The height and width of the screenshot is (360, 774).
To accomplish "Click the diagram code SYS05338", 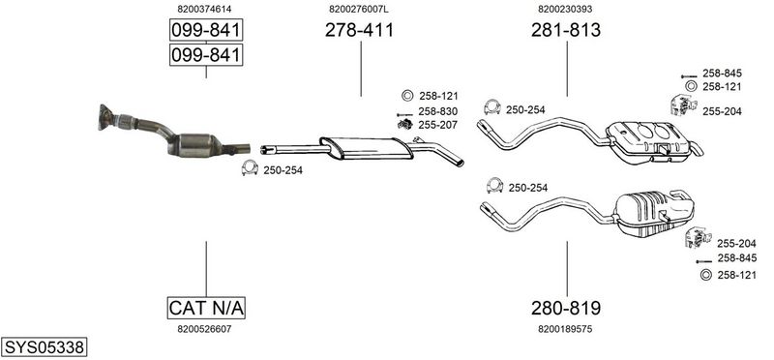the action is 44,347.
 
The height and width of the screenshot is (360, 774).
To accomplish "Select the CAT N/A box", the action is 206,308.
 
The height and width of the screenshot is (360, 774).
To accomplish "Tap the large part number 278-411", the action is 359,30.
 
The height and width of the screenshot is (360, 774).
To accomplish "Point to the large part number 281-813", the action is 566,30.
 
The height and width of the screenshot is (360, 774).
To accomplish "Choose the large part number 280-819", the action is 566,308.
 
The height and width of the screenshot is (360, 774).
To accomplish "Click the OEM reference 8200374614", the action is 204,9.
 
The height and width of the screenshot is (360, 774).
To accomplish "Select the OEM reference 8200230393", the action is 565,9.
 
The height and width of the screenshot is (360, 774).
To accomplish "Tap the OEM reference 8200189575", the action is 565,329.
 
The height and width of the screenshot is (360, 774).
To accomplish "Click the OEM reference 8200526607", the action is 204,329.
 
